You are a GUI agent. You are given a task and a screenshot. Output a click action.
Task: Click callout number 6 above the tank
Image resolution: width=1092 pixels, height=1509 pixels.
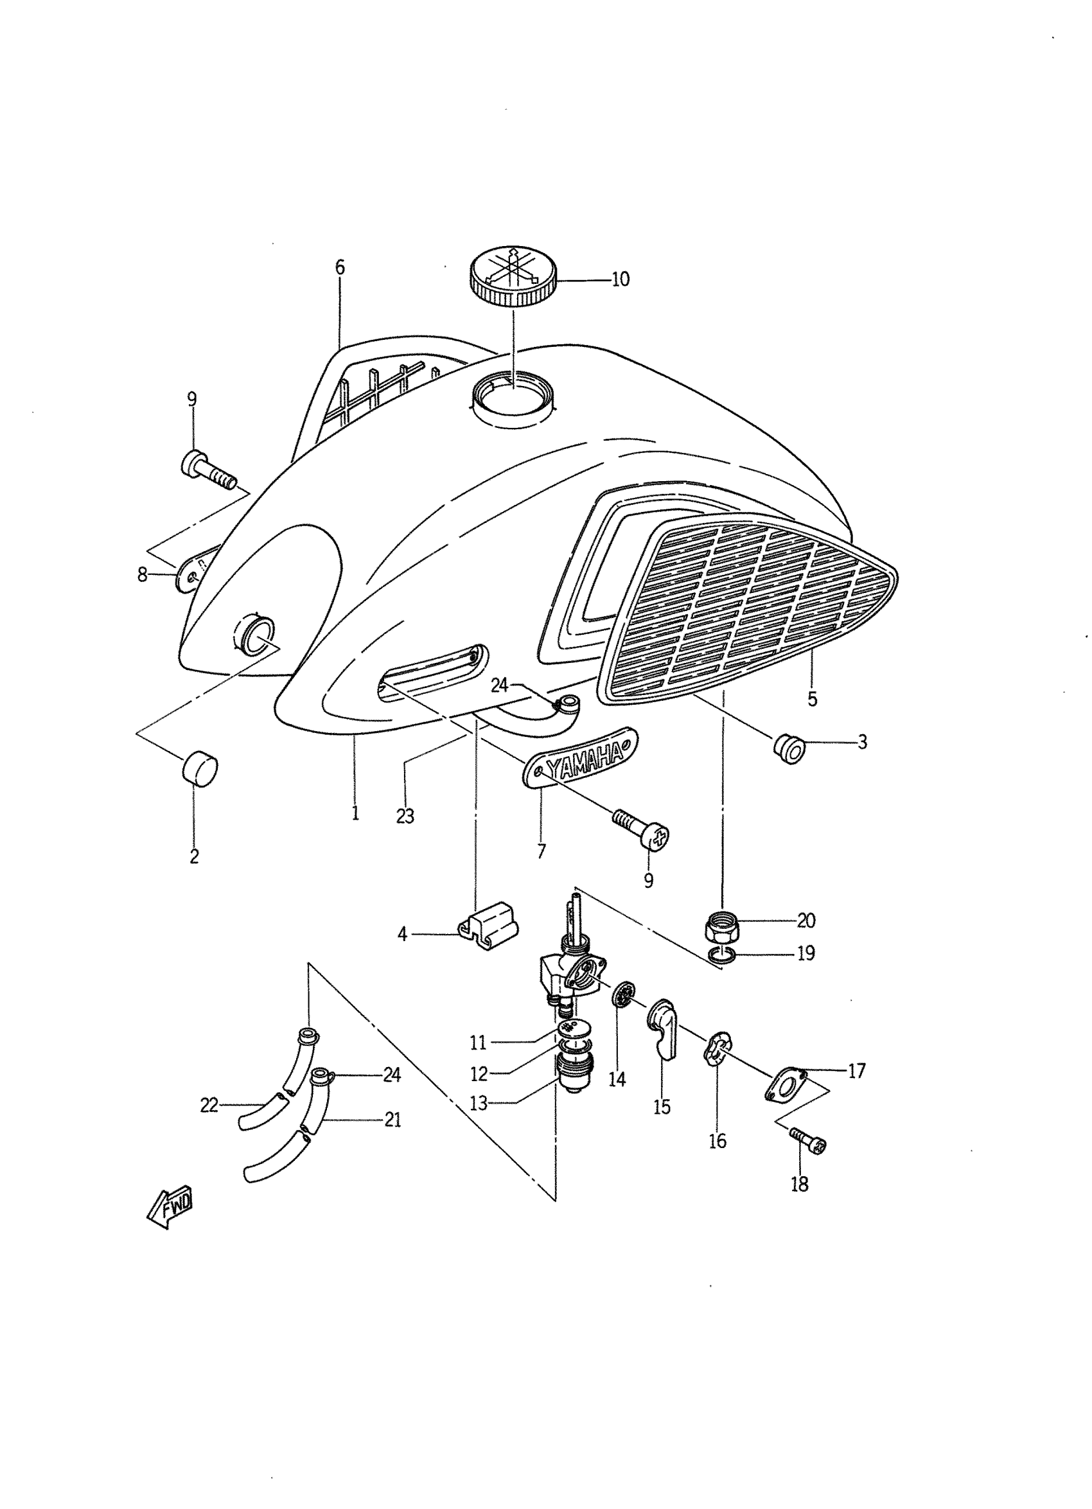(340, 267)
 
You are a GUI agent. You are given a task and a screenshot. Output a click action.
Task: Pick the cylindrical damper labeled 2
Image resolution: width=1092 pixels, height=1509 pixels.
(200, 768)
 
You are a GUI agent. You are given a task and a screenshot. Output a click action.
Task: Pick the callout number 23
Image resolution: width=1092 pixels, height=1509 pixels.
(405, 816)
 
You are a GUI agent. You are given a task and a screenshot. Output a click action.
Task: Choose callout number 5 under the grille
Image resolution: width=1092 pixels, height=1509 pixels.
(812, 700)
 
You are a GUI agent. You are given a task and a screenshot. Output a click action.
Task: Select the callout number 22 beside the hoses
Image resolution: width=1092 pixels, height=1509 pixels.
(209, 1105)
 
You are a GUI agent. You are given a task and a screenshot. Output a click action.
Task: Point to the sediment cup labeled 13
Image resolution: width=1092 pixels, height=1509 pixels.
(569, 1077)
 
